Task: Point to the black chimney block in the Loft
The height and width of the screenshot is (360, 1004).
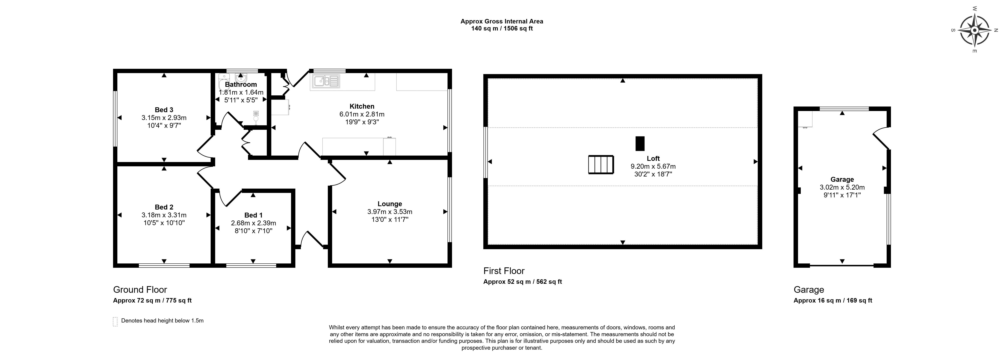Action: tap(640, 143)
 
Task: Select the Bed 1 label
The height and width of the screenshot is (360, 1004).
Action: tap(253, 215)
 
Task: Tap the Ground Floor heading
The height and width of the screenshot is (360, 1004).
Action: tap(140, 289)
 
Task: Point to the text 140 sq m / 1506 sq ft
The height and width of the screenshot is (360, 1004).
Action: tap(502, 29)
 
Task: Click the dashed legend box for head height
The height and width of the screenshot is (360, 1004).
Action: tap(115, 321)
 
